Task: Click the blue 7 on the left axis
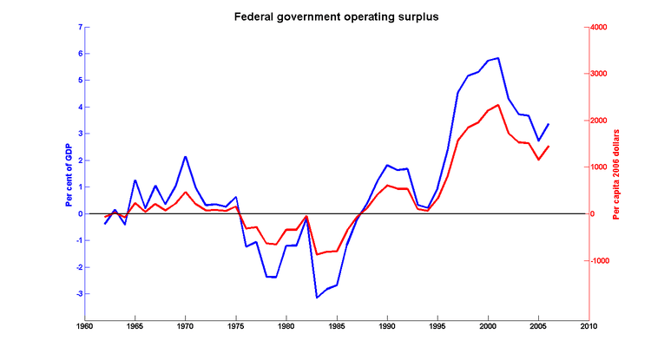coord(80,27)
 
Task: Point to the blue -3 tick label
coord(78,294)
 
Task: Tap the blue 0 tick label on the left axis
coord(80,213)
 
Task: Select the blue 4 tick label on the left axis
coord(80,107)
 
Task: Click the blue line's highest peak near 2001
coord(498,58)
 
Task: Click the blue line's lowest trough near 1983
coord(317,298)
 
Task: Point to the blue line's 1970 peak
coord(186,157)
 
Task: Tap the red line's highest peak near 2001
coord(498,105)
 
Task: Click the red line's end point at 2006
coord(549,146)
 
